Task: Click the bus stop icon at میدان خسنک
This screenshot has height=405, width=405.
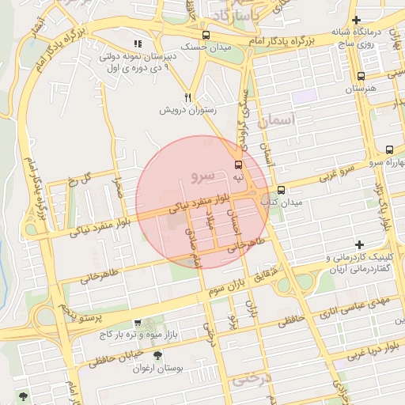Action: [206, 36]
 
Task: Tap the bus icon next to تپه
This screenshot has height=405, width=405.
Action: [238, 165]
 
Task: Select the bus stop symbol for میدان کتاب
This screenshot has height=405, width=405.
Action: [281, 190]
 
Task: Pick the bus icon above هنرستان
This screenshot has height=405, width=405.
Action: [361, 77]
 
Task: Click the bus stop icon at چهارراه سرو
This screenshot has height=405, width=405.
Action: [389, 150]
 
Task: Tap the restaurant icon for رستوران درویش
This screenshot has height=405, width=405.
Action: [187, 97]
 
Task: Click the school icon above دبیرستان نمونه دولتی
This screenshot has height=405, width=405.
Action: [138, 44]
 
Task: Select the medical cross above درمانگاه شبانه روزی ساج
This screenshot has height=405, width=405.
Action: [357, 20]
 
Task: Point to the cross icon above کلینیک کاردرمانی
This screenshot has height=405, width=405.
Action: [360, 244]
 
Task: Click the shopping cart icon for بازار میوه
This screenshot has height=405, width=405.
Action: [138, 323]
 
